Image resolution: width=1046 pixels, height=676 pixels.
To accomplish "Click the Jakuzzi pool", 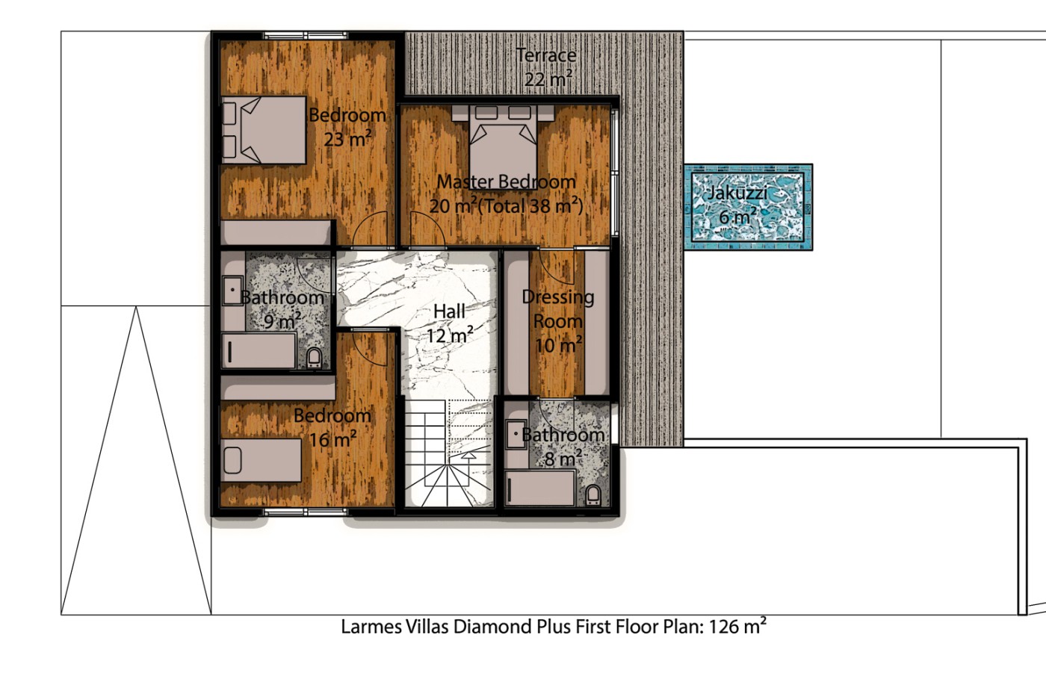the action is (748, 207).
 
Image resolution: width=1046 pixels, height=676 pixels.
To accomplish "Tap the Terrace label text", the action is (546, 55).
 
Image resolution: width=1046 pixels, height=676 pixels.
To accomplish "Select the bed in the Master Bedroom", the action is (503, 143).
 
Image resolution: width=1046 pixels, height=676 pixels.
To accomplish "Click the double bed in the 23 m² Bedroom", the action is (264, 130).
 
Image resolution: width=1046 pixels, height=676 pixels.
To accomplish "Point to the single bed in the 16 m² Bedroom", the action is (261, 460).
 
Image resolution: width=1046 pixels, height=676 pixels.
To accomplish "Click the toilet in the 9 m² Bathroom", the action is (315, 358).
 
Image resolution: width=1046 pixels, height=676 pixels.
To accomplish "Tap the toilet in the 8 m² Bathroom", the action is (593, 494).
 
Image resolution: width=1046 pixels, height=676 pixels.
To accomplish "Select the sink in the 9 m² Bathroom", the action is (232, 291).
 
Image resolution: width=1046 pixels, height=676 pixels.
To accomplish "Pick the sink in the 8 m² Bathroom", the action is (516, 434).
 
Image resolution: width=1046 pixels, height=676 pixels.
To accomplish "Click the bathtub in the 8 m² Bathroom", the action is (540, 489).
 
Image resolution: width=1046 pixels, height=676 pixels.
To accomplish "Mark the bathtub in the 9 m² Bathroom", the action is (259, 351).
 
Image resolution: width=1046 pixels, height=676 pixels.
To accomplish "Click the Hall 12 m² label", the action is (449, 323).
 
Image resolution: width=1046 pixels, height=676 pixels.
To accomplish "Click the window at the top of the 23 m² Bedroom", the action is (306, 36).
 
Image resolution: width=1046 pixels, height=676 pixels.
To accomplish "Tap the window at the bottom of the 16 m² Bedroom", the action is (306, 512).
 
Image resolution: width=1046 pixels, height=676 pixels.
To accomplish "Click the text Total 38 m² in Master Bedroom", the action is (531, 206).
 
